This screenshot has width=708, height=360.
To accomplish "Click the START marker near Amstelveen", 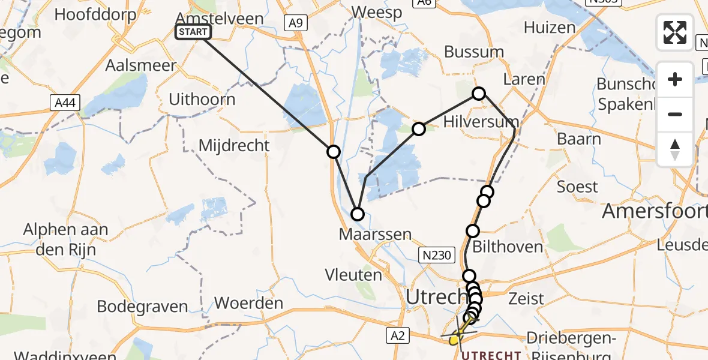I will [193, 32].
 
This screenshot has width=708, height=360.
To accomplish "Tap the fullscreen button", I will [675, 32].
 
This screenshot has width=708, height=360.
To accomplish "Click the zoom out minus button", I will [675, 114].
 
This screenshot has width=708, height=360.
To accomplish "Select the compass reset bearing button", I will [675, 149].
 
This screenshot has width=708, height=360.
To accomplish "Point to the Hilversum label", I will [481, 122].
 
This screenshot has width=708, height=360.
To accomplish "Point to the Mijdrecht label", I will [234, 145].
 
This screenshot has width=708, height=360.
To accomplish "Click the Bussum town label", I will [474, 52].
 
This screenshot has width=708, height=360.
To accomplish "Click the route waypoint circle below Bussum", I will [479, 93].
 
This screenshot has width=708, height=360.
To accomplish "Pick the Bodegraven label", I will [142, 307].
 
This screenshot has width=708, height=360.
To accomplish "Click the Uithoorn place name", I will [202, 99].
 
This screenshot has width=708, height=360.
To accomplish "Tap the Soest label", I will [577, 187].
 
